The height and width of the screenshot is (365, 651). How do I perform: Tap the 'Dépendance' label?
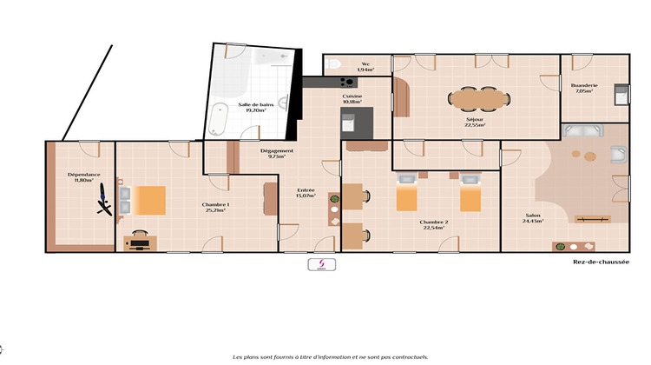coord(84,175)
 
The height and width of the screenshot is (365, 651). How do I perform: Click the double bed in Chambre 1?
coord(141,200)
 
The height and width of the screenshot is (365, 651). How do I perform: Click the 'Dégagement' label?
coord(277,150)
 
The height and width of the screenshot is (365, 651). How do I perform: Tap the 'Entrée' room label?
coord(306,190)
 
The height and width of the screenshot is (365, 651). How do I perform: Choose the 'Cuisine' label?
coord(352,96)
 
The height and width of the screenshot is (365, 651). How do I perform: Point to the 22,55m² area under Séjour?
coord(475,124)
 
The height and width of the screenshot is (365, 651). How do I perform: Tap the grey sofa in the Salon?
coord(581,132)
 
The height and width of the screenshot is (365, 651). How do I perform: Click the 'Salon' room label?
coord(533,216)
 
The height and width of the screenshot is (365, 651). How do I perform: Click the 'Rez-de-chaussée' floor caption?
coord(601,262)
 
